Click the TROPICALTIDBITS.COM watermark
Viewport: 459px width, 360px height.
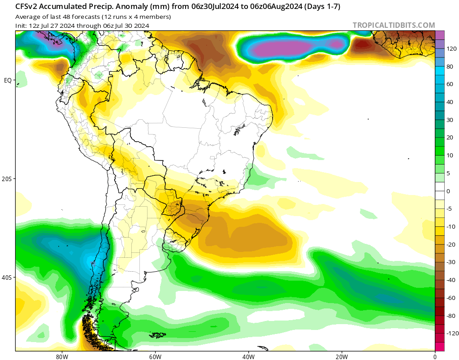pos(394,25)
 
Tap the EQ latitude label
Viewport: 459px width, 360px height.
pos(8,80)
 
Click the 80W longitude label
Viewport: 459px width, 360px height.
pos(62,356)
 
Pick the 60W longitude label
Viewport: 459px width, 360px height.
pos(155,356)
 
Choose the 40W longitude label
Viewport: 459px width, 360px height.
pos(248,356)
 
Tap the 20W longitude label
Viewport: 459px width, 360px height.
pos(342,356)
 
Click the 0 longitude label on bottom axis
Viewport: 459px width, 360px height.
pos(435,356)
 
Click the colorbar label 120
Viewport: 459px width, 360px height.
pos(451,48)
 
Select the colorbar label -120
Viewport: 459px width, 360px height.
pos(452,334)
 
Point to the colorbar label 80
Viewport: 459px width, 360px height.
pos(450,66)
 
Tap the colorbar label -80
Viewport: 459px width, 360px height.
pos(450,316)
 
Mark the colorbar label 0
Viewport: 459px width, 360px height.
pos(448,191)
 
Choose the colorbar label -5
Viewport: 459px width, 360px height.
pos(449,209)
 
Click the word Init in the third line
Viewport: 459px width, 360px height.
pos(21,26)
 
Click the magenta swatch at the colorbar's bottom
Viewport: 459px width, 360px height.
pos(439,347)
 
